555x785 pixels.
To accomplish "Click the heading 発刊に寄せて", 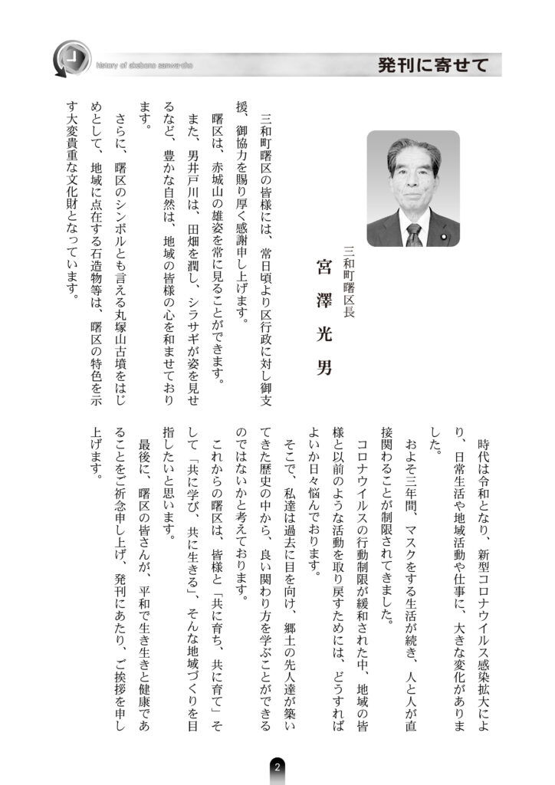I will coord(432,65).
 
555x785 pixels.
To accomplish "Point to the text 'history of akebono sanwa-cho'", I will coord(145,65).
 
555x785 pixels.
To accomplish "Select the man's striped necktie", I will coord(413,232).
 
